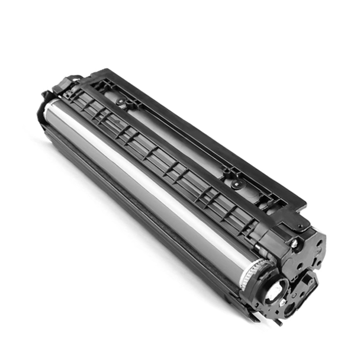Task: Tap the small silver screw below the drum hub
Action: coord(283,302)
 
